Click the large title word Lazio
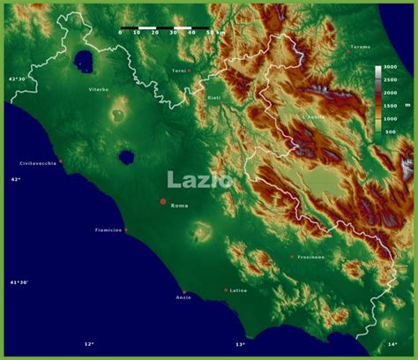pyautogui.click(x=200, y=179)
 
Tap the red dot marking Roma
pyautogui.click(x=162, y=202)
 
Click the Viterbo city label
pyautogui.click(x=98, y=89)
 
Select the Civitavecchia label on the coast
pyautogui.click(x=38, y=163)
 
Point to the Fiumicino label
pyautogui.click(x=108, y=230)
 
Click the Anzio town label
pyautogui.click(x=183, y=297)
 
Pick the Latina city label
pyautogui.click(x=238, y=289)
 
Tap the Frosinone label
pyautogui.click(x=310, y=257)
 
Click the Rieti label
pyautogui.click(x=213, y=97)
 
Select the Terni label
pyautogui.click(x=178, y=70)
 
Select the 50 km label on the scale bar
pyautogui.click(x=215, y=32)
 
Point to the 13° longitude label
pyautogui.click(x=240, y=344)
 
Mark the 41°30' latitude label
pyautogui.click(x=19, y=282)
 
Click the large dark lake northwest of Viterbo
pyautogui.click(x=85, y=60)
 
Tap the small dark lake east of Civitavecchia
pyautogui.click(x=127, y=158)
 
